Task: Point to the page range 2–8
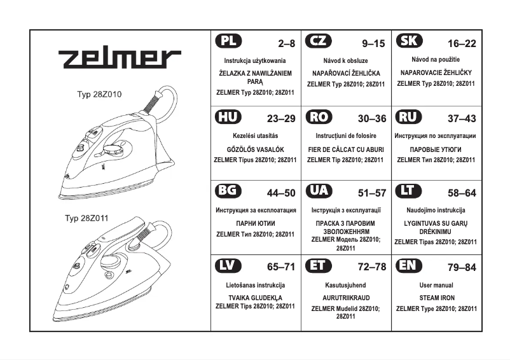click(x=287, y=45)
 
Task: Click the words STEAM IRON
click(x=437, y=298)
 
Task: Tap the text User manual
click(x=437, y=286)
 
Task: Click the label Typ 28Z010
click(x=99, y=94)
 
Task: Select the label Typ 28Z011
click(x=86, y=218)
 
